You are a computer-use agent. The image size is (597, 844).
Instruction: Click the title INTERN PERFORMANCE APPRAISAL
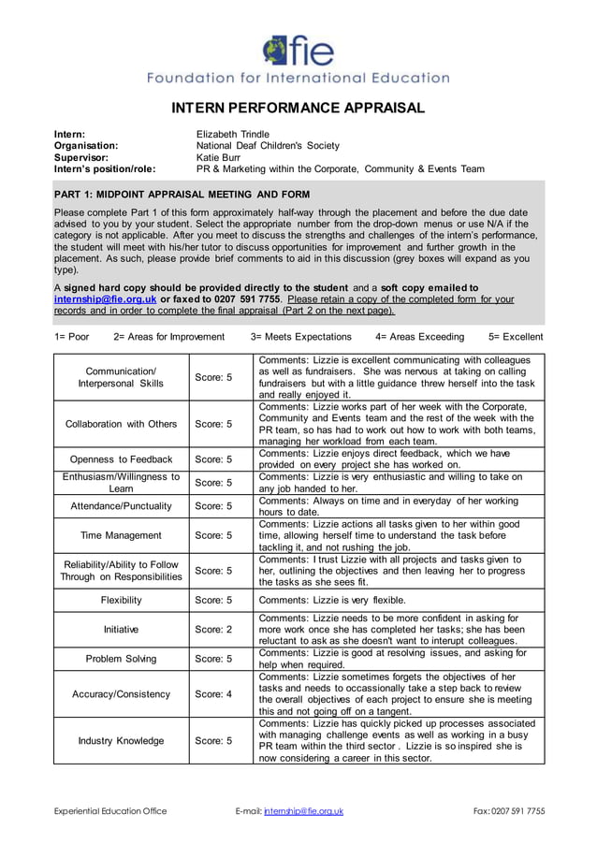[298, 109]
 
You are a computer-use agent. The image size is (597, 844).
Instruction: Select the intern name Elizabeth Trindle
[232, 134]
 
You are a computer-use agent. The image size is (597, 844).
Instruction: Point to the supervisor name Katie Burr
[218, 157]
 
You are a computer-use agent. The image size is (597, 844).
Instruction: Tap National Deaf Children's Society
[268, 146]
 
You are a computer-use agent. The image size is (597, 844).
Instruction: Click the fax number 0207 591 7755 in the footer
[521, 811]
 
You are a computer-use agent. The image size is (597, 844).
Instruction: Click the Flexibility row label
[121, 600]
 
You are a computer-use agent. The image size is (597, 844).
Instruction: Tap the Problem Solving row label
[121, 659]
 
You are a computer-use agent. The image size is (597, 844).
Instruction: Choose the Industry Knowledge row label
[121, 741]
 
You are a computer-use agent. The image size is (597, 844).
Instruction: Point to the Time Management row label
[121, 535]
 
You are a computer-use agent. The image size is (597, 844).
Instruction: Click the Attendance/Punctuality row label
[121, 506]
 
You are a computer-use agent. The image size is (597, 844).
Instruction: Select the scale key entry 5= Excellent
[516, 337]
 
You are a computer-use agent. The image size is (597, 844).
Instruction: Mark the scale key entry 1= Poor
[72, 337]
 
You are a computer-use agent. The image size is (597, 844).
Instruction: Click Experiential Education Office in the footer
[109, 811]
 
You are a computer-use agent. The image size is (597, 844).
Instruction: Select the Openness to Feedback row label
[121, 459]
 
